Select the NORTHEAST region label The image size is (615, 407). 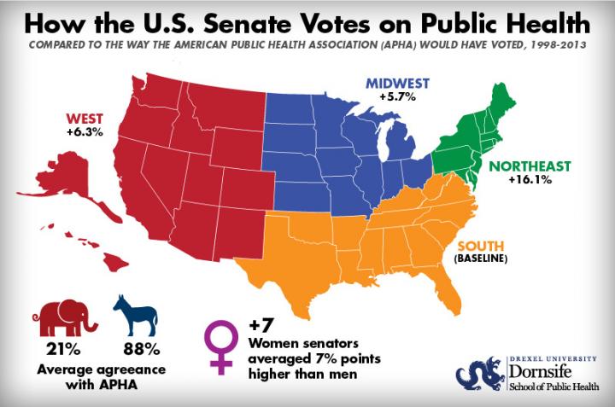[x=530, y=166]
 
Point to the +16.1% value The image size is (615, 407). [x=530, y=180]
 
